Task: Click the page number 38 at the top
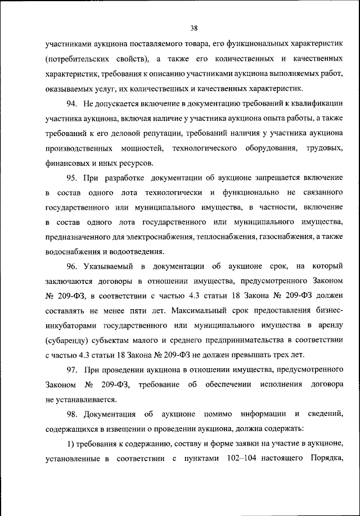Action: click(x=194, y=29)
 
